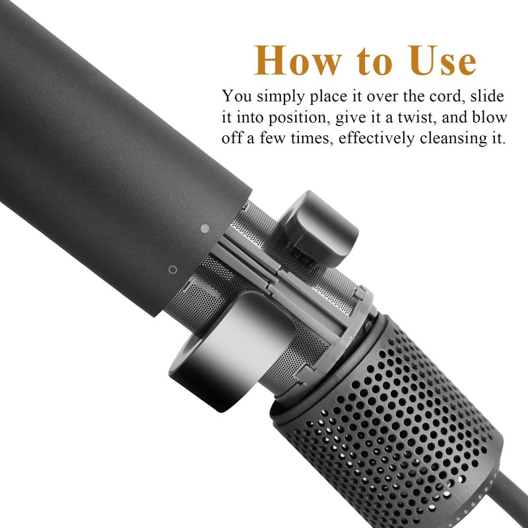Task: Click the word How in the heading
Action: coord(298,60)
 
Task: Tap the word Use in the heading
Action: coord(444,60)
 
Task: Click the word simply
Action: coord(281,97)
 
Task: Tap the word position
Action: coord(299,118)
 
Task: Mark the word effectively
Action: coord(376,139)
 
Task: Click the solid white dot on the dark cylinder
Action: coord(205,228)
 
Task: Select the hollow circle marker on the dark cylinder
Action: coord(173,269)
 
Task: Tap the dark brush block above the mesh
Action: coord(318,228)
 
